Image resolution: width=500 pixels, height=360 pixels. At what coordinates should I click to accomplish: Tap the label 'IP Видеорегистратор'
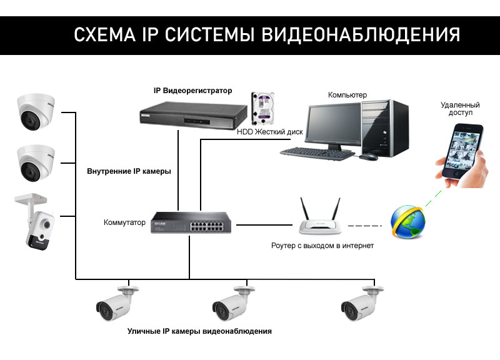point(192,91)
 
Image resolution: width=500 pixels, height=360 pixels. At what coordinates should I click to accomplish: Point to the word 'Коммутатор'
point(124,222)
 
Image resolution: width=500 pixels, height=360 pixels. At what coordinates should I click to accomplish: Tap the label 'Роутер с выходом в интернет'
point(322,246)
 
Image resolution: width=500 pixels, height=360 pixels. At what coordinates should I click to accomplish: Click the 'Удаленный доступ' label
point(460,109)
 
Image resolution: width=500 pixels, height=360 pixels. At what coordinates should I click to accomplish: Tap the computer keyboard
point(312,152)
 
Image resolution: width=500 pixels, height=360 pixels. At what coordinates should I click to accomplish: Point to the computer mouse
point(371,156)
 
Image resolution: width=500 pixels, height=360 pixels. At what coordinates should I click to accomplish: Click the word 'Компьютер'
point(347,95)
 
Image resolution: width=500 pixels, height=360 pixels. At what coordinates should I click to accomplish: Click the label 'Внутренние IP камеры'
point(128,171)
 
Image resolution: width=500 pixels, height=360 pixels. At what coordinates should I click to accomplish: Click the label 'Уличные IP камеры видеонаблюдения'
point(199,331)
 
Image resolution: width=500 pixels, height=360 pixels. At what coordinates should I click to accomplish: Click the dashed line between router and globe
point(364,225)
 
